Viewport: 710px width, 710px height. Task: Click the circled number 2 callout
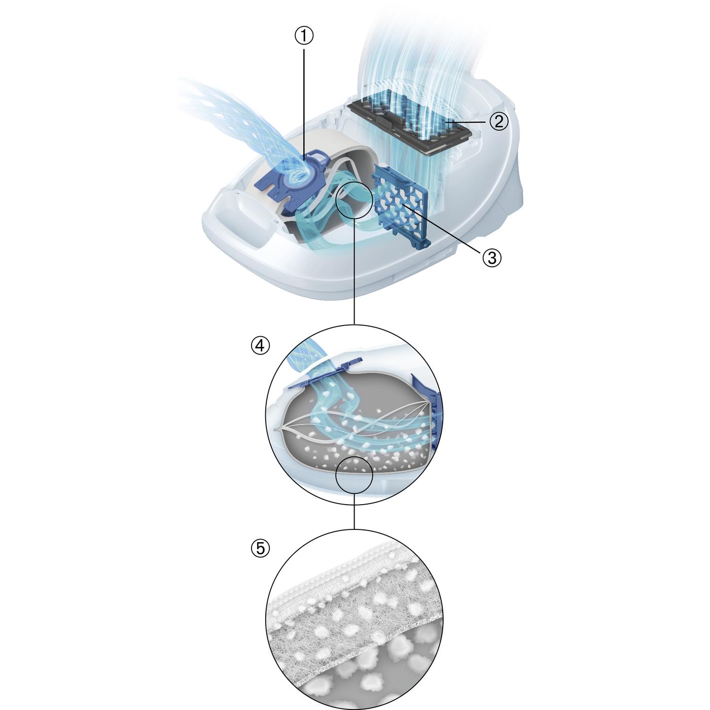(x=499, y=122)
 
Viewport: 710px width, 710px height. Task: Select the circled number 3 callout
(x=492, y=258)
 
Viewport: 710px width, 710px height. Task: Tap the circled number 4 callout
(x=261, y=346)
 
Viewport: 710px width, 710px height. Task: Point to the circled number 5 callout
(x=261, y=548)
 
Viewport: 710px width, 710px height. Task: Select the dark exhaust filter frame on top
(x=410, y=125)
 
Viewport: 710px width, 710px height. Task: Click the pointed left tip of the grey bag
(x=275, y=430)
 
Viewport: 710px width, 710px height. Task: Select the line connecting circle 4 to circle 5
(x=353, y=511)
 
